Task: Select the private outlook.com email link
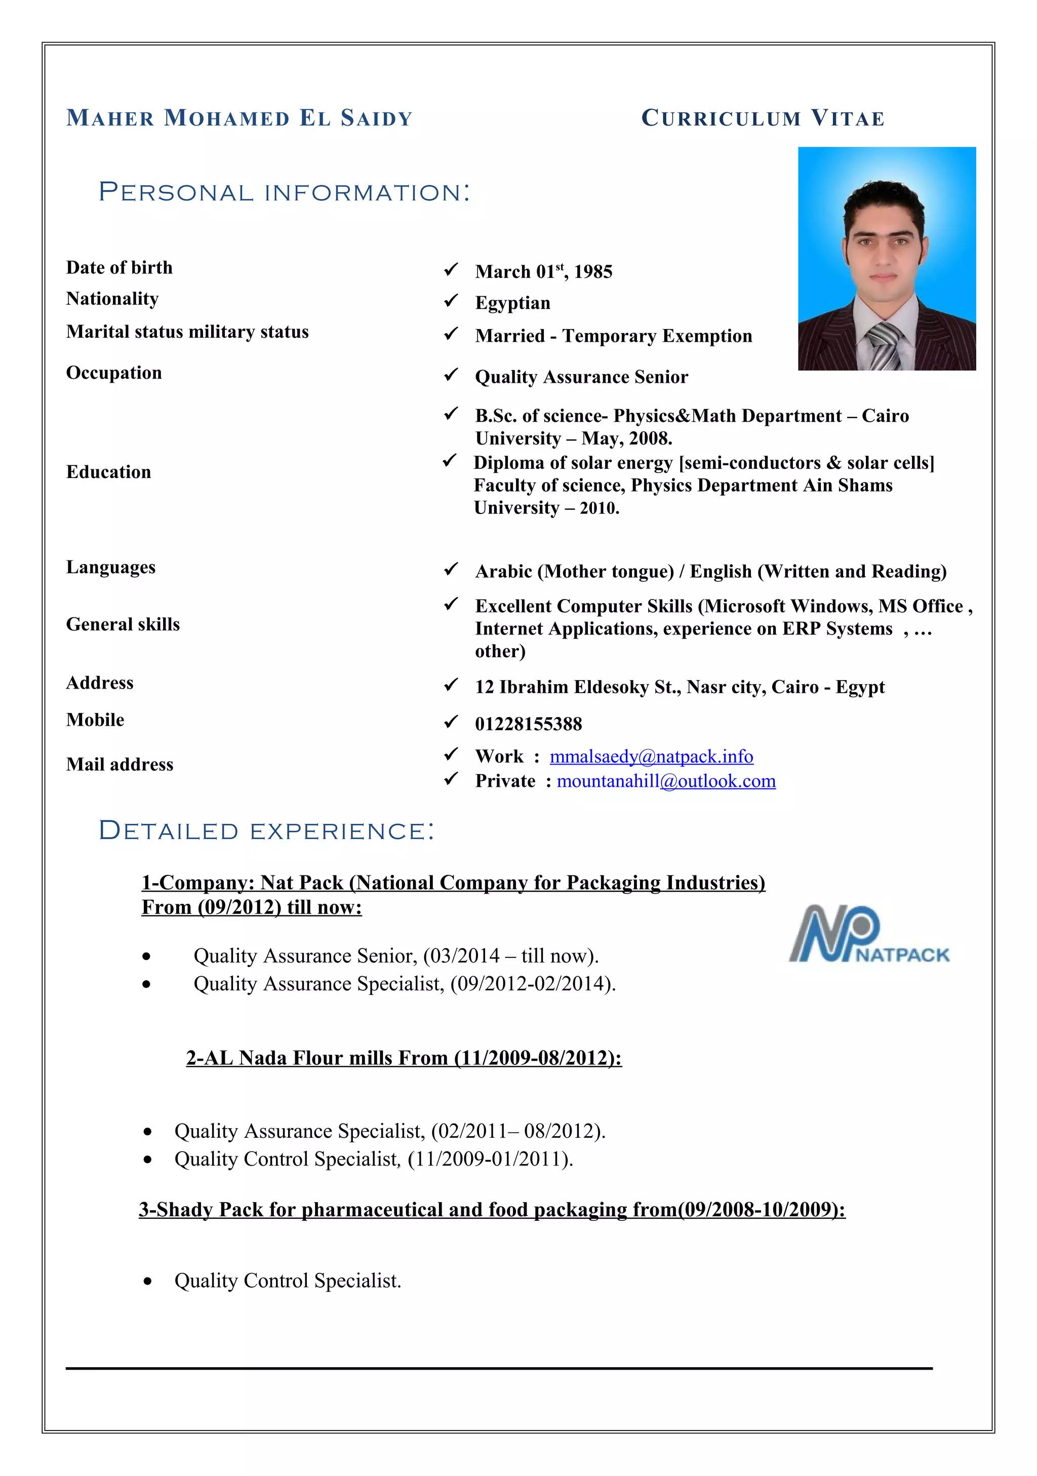pyautogui.click(x=666, y=781)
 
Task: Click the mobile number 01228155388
pyautogui.click(x=529, y=724)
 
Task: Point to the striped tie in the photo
pyautogui.click(x=885, y=346)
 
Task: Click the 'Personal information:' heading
pyautogui.click(x=284, y=192)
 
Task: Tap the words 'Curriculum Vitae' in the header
pyautogui.click(x=763, y=118)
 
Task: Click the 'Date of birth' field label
pyautogui.click(x=119, y=267)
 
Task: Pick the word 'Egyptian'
pyautogui.click(x=512, y=303)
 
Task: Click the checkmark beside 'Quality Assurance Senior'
pyautogui.click(x=451, y=375)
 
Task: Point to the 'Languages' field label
pyautogui.click(x=110, y=567)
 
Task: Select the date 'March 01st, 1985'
pyautogui.click(x=543, y=272)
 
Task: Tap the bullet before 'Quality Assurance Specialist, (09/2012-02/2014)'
pyautogui.click(x=147, y=984)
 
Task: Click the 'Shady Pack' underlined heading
pyautogui.click(x=492, y=1209)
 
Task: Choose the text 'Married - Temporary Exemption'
pyautogui.click(x=613, y=336)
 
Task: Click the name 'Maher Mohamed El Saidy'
pyautogui.click(x=239, y=118)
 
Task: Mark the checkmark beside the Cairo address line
pyautogui.click(x=451, y=685)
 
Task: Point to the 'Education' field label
pyautogui.click(x=109, y=472)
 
